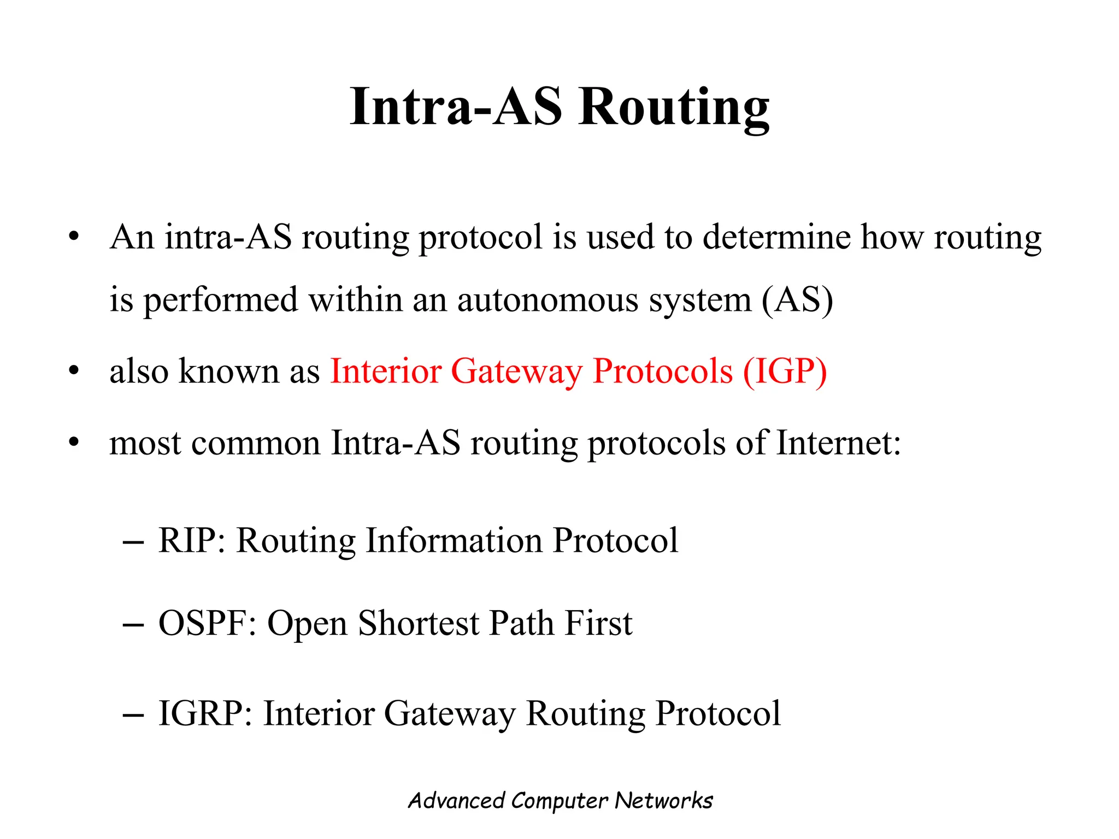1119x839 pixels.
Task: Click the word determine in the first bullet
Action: coord(776,238)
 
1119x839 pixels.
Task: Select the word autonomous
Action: coord(547,300)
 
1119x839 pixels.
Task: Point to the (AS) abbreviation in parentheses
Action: coord(797,300)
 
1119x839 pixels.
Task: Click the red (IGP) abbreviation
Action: coord(785,371)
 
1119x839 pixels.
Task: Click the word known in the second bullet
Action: coord(229,371)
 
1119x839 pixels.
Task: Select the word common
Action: coord(255,444)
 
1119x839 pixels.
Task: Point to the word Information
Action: coord(454,541)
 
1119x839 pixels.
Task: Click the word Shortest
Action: coord(419,623)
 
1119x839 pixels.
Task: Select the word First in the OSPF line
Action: coord(598,623)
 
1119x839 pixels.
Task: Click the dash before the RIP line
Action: coord(134,542)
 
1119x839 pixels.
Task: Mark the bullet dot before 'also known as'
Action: coord(74,371)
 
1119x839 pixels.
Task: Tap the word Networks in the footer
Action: coord(664,801)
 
